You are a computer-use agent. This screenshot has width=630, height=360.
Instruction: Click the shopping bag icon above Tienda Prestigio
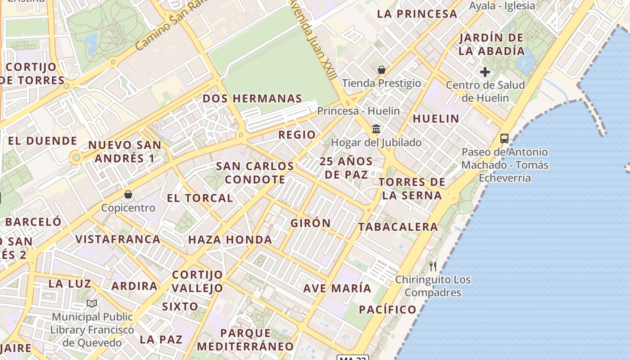pyautogui.click(x=382, y=70)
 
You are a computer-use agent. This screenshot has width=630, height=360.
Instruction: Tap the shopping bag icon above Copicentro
pyautogui.click(x=128, y=194)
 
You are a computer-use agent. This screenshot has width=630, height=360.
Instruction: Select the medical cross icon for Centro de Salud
pyautogui.click(x=485, y=72)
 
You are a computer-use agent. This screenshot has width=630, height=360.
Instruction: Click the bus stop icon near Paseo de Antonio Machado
pyautogui.click(x=504, y=139)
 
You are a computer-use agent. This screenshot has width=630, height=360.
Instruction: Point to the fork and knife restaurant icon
pyautogui.click(x=433, y=266)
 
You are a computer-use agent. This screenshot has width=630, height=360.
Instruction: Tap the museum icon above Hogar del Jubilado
pyautogui.click(x=376, y=130)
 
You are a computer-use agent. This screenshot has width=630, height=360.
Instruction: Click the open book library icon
pyautogui.click(x=92, y=304)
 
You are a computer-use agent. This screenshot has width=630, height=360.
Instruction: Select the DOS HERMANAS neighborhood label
pyautogui.click(x=252, y=99)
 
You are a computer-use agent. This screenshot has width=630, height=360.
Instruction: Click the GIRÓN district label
pyautogui.click(x=310, y=223)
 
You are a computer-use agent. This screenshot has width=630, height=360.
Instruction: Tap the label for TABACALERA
pyautogui.click(x=398, y=227)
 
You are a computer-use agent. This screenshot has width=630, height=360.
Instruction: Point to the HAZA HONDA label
pyautogui.click(x=230, y=240)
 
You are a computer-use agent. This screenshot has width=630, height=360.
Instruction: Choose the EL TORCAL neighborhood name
pyautogui.click(x=200, y=198)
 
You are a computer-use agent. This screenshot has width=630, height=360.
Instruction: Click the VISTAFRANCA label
pyautogui.click(x=118, y=239)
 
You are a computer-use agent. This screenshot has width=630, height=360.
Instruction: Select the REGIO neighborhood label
pyautogui.click(x=297, y=135)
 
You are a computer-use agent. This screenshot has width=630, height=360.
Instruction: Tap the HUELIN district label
pyautogui.click(x=436, y=119)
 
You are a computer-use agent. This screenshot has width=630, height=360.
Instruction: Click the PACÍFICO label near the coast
pyautogui.click(x=387, y=310)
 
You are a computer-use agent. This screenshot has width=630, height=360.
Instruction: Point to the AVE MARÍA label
pyautogui.click(x=337, y=288)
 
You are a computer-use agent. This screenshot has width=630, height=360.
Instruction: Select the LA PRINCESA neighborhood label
pyautogui.click(x=417, y=14)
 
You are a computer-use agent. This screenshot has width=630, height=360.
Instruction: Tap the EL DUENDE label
pyautogui.click(x=42, y=141)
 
